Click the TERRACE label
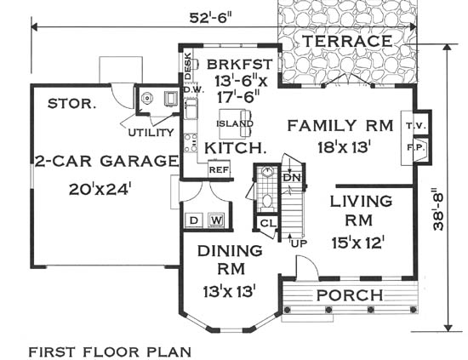pos(347,41)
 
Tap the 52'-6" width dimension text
pos(211,18)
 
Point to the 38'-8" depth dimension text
pos(438,209)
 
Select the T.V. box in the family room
pos(415,126)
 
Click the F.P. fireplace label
pos(417,147)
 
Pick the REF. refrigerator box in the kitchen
pos(220,169)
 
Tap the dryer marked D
pos(194,220)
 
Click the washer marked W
pos(216,220)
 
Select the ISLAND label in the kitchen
pos(235,123)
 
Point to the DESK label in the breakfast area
pos(187,66)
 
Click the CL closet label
pos(268,223)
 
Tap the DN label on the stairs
pos(292,178)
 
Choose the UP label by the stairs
pos(299,243)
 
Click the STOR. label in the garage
pos(72,104)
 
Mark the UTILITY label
pos(151,132)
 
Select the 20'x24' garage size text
pos(100,189)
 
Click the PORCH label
pos(350,295)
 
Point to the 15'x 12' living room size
pos(358,243)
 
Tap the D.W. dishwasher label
pos(193,89)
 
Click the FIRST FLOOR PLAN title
pos(110,352)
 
